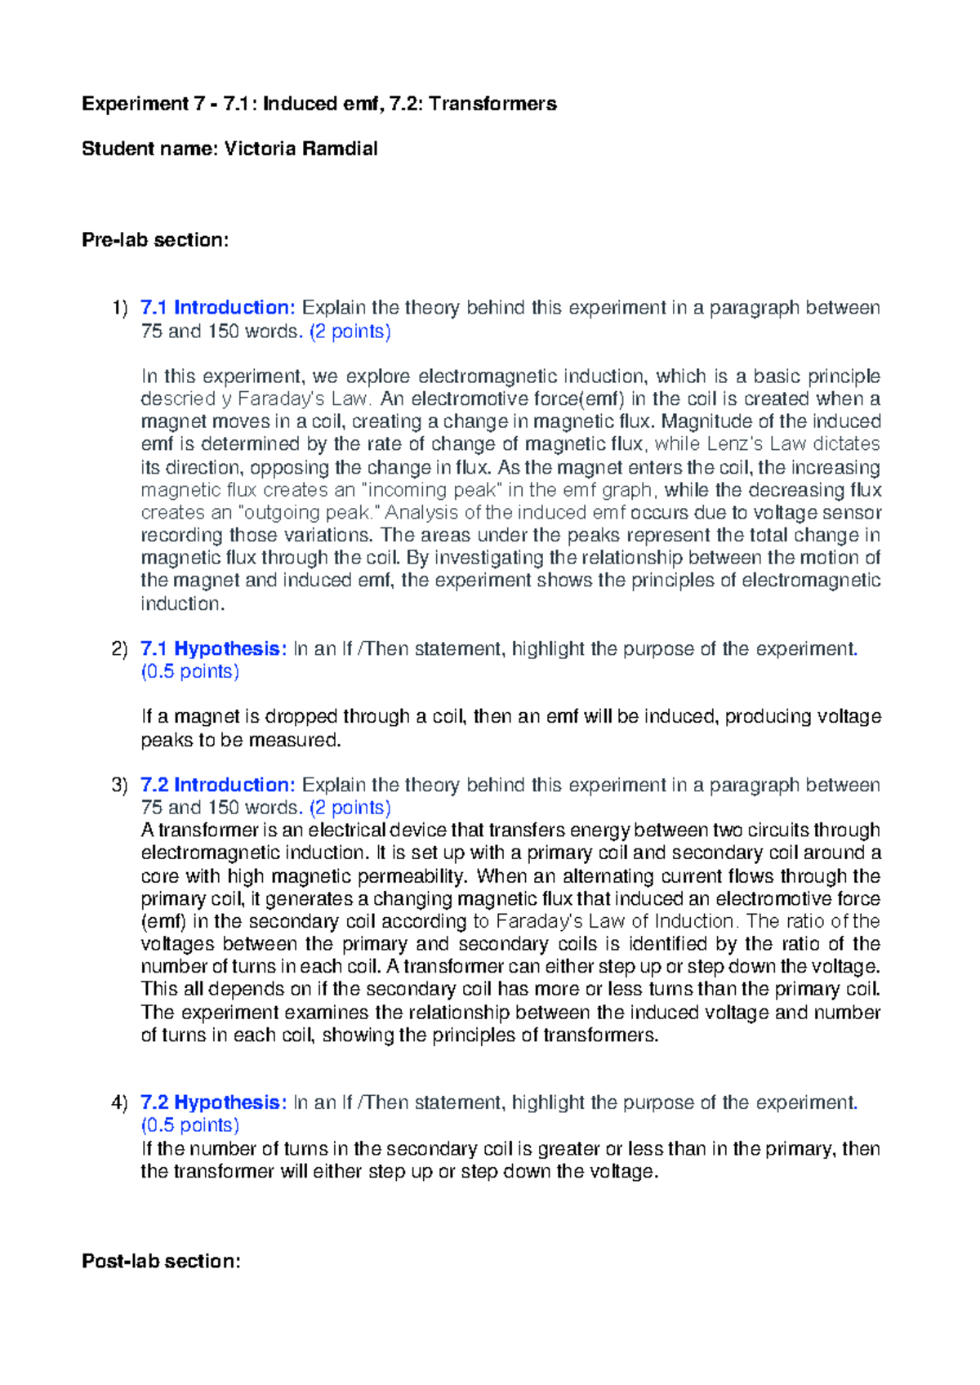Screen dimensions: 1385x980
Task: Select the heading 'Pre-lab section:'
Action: tap(155, 240)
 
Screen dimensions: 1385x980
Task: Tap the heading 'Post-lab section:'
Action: tap(161, 1261)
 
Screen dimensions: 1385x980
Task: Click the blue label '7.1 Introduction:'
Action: tap(217, 308)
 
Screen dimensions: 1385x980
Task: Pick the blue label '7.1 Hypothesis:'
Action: tap(213, 648)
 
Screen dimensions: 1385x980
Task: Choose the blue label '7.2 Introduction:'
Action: tap(217, 785)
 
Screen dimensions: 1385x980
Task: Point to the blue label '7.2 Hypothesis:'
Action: tap(213, 1102)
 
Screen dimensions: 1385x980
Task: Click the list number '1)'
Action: tap(120, 308)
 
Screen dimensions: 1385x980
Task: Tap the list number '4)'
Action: tap(120, 1102)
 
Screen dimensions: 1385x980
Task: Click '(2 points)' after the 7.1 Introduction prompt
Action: tap(350, 331)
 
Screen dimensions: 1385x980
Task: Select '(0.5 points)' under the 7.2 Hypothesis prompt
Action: tap(190, 1125)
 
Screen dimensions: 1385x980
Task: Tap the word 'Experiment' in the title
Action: tap(135, 104)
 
